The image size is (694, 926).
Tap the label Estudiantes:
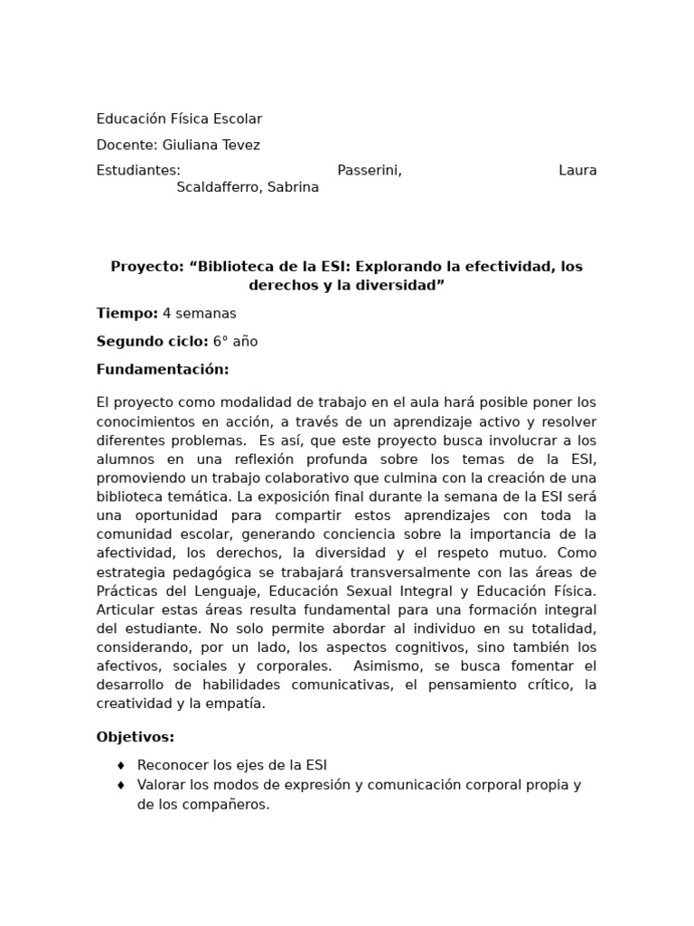coord(138,170)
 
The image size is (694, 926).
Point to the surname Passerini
coord(369,170)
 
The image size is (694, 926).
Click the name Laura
coord(577,170)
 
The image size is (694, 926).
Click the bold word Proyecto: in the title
coord(148,267)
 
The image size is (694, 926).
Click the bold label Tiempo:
coord(127,314)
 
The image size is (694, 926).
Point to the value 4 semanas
coord(200,314)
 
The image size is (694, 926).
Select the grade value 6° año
coord(235,342)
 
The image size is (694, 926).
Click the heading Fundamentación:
coord(163,370)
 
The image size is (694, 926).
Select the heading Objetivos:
coord(136,737)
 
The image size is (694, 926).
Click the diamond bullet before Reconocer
coord(121,765)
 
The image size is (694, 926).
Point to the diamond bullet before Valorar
coord(121,785)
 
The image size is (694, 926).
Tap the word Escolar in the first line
coord(238,119)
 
